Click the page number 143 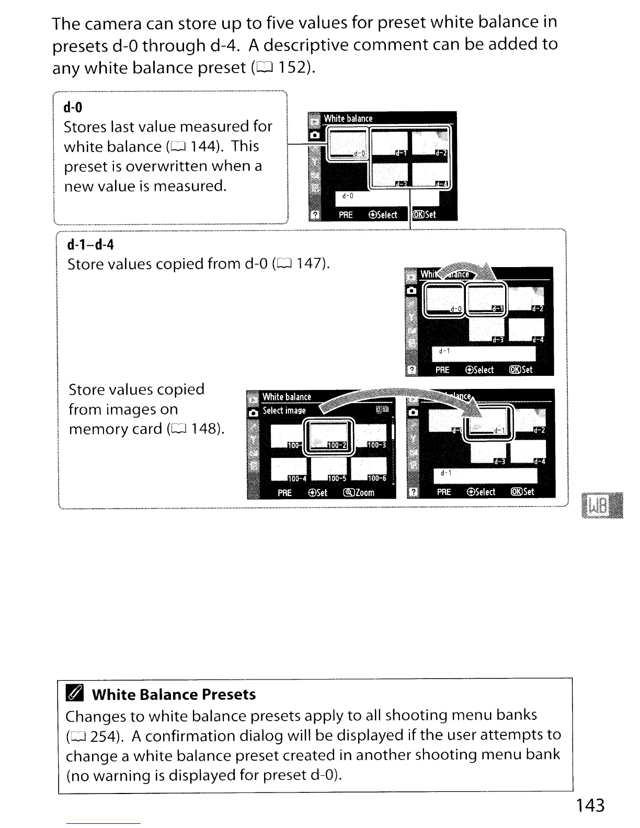[590, 805]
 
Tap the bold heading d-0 [73, 108]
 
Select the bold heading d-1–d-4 [90, 245]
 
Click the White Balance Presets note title [174, 694]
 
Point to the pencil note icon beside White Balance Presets [74, 694]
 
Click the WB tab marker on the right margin [599, 505]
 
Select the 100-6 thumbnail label [376, 478]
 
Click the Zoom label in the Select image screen [359, 492]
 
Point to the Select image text [284, 411]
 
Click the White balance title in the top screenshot [348, 119]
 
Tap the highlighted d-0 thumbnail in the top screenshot [347, 144]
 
